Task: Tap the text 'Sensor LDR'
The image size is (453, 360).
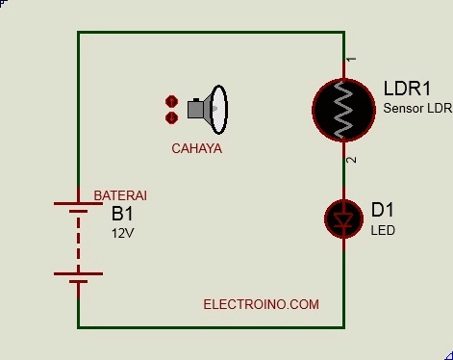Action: click(x=415, y=108)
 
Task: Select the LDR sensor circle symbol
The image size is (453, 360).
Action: click(x=343, y=109)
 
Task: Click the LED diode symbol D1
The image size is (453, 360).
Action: click(x=343, y=219)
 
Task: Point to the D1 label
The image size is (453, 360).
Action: click(x=382, y=210)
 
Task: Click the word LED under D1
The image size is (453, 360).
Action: click(x=383, y=231)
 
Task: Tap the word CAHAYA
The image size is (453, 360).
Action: click(x=196, y=149)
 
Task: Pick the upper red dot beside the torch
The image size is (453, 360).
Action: click(x=171, y=101)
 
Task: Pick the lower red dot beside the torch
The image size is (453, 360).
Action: click(x=171, y=117)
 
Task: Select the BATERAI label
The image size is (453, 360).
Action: click(x=119, y=195)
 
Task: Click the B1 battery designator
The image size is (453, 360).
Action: click(x=122, y=214)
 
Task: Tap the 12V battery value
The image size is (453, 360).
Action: click(x=122, y=233)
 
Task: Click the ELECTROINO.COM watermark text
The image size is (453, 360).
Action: click(x=261, y=304)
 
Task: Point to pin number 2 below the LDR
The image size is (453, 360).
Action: click(x=352, y=159)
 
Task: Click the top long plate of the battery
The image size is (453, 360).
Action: click(x=78, y=204)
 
